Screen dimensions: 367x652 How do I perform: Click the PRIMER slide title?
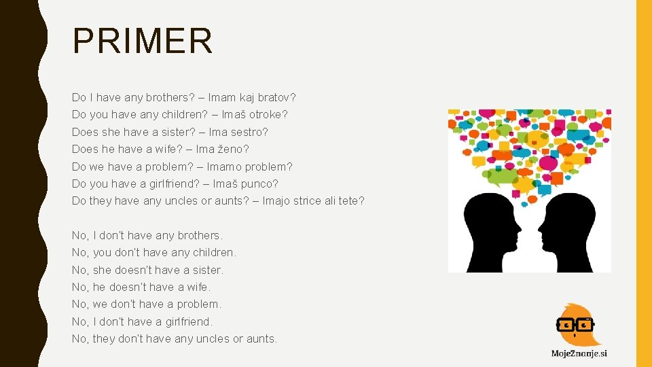click(143, 41)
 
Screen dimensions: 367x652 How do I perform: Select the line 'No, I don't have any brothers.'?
click(147, 235)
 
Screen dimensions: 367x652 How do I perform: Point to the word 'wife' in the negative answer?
click(198, 287)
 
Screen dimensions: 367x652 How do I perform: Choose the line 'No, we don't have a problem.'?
click(147, 304)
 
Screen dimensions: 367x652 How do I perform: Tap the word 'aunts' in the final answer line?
click(261, 338)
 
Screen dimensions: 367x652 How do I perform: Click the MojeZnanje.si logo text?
click(579, 353)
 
